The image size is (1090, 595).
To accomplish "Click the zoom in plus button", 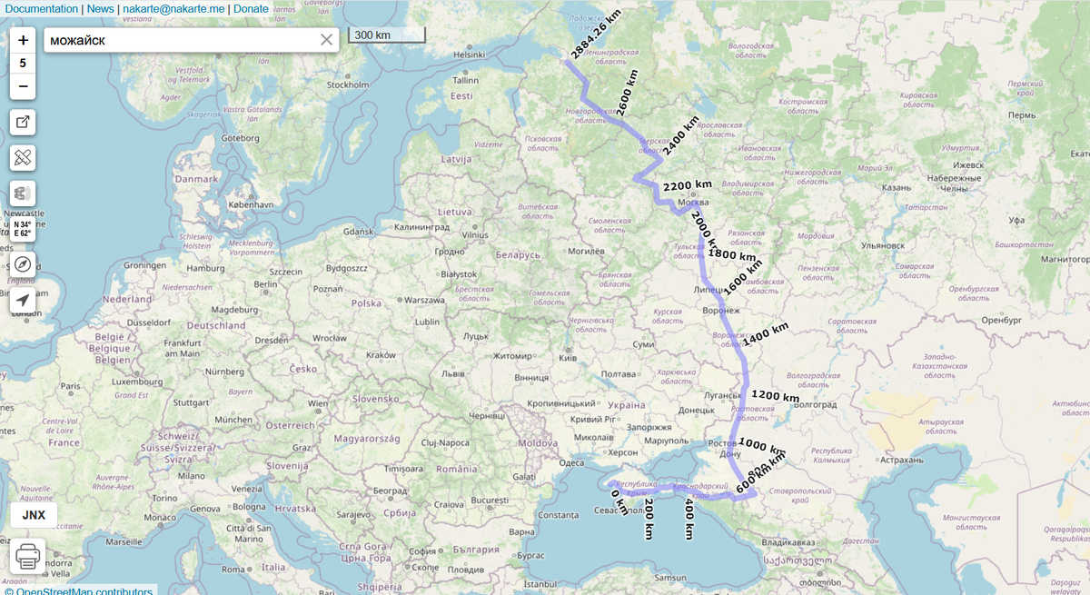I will coord(23,40).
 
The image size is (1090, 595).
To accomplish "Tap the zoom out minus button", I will coord(23,87).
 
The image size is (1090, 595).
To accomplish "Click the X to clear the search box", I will coord(327,40).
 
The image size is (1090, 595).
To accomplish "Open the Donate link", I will coord(251,9).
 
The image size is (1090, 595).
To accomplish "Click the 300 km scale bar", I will coord(386,35).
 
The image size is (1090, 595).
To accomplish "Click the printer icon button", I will coord(27,555).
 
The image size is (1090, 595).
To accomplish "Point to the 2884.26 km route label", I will coord(594,36).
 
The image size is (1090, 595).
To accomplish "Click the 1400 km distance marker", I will coord(766,334).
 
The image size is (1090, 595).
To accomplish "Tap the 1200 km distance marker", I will coord(775,397).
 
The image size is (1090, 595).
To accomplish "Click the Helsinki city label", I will coord(469,55).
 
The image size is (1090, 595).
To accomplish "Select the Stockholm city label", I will coord(348,85).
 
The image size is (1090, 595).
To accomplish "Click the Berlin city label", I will coord(265,284).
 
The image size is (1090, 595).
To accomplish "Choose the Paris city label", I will coord(71,386).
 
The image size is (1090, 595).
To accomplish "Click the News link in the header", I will coord(101,9).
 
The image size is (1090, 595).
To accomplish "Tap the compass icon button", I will coord(23,264).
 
